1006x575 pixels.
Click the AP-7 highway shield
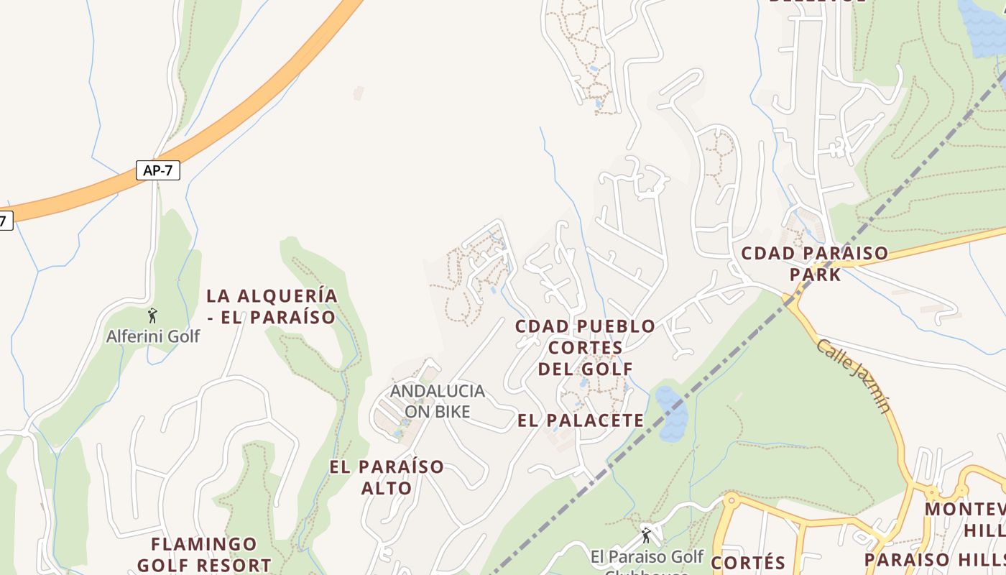point(157,170)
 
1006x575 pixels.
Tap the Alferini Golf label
point(153,336)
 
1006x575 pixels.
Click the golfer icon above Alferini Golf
point(152,315)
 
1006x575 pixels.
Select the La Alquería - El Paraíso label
point(272,306)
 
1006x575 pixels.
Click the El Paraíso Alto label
point(387,477)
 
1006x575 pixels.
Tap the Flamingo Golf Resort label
point(205,554)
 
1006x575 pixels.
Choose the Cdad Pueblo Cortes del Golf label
point(585,347)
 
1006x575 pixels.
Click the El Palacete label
point(581,420)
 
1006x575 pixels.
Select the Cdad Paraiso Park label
point(814,263)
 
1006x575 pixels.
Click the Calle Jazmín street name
point(854,376)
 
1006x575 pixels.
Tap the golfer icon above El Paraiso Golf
point(645,535)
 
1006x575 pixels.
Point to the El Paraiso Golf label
point(647,557)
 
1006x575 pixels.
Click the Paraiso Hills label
point(934,560)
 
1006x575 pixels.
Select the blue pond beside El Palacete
point(671,414)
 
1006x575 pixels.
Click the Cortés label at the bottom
point(748,561)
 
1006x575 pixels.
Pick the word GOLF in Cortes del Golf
point(609,369)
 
